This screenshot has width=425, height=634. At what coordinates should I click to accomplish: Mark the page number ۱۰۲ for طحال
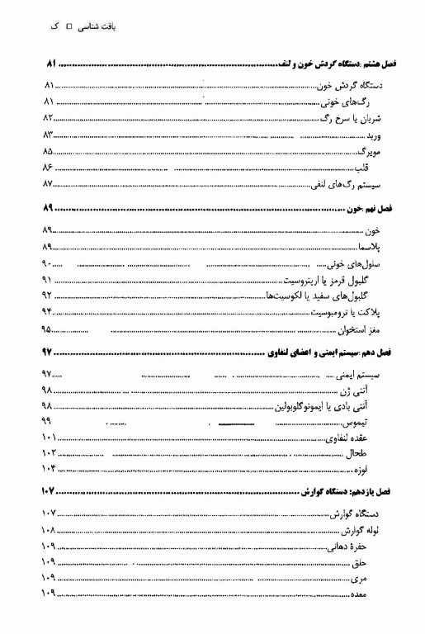49,453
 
